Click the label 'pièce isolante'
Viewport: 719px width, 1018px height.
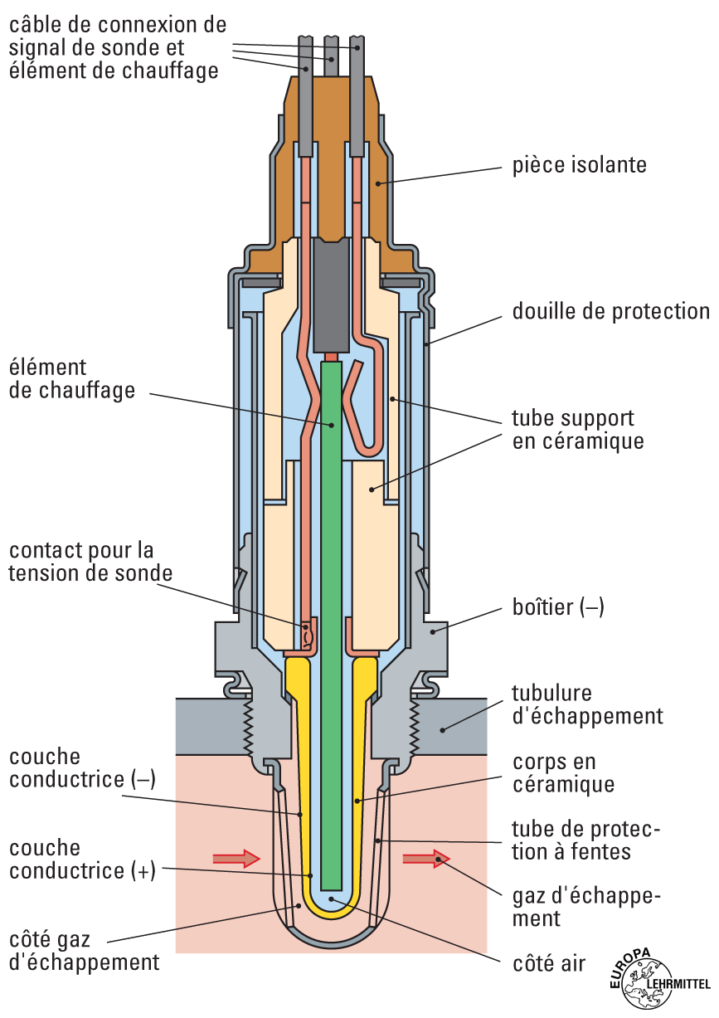click(x=579, y=164)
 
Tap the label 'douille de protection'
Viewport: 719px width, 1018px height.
click(x=610, y=311)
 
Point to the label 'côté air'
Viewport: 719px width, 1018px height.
click(x=550, y=963)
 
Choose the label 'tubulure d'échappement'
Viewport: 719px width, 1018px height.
click(x=587, y=704)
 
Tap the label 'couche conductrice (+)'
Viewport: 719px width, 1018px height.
click(x=82, y=860)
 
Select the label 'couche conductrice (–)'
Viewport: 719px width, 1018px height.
click(x=82, y=768)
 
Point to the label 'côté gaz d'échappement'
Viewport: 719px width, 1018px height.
click(x=84, y=951)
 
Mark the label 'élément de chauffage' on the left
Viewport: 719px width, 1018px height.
click(x=71, y=378)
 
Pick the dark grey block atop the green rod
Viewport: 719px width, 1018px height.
click(x=333, y=295)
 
